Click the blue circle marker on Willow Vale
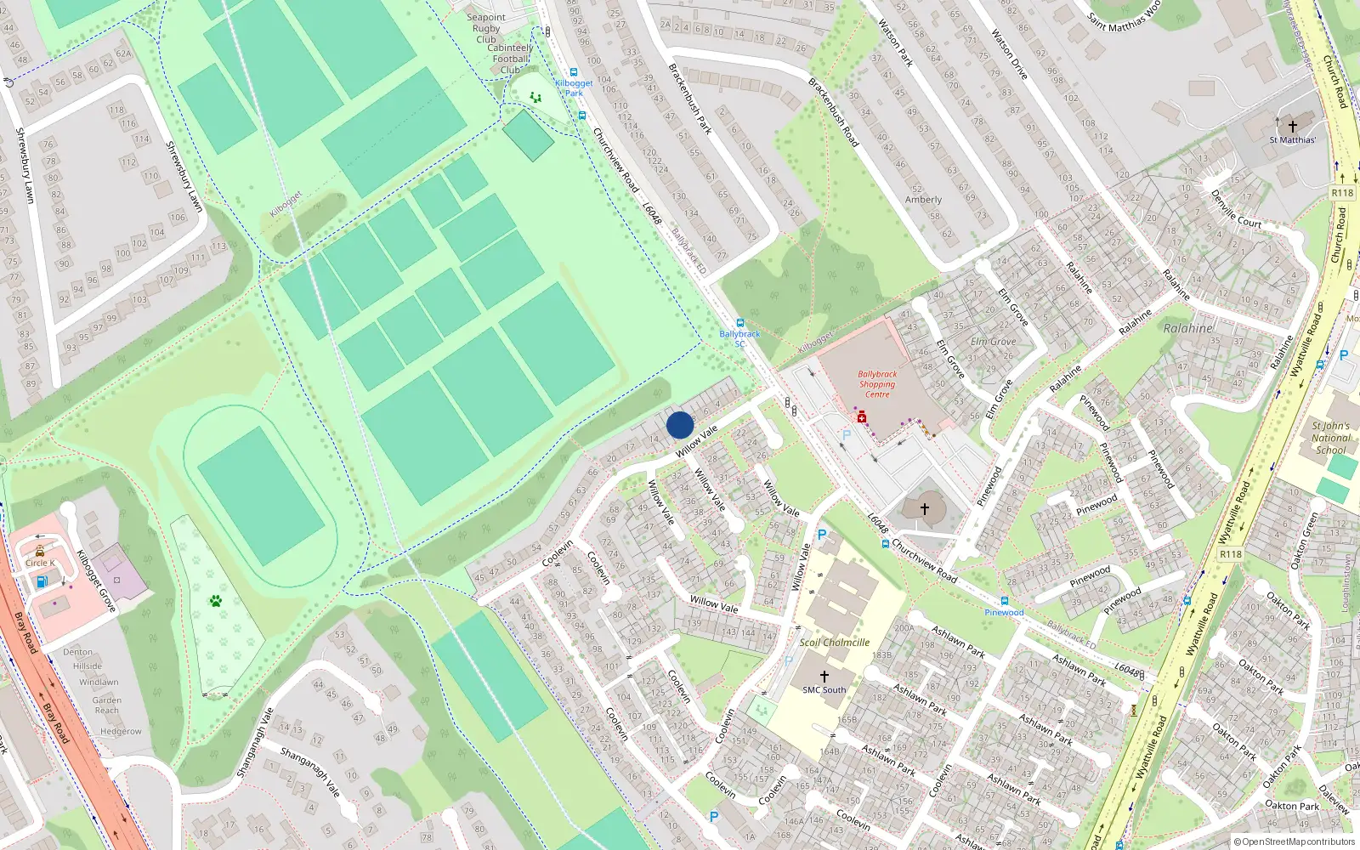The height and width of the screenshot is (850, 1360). (680, 425)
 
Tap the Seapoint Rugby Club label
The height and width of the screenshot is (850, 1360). (486, 28)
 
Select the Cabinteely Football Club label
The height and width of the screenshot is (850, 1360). (510, 59)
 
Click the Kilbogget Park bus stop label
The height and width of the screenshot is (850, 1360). (574, 88)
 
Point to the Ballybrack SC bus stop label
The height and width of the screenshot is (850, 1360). (739, 338)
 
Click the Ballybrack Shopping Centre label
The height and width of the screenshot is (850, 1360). (877, 384)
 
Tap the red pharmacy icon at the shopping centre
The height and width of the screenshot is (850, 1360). (861, 417)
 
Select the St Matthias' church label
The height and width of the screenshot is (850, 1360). (1292, 140)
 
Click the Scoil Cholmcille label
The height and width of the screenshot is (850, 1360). (834, 643)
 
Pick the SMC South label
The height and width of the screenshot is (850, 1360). (824, 690)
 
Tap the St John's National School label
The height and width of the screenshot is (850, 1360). (1330, 438)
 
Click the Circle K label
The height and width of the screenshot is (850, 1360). (40, 563)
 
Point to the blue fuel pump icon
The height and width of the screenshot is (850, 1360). (42, 582)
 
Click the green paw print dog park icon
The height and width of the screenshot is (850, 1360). (216, 601)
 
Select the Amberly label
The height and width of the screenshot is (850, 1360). (923, 200)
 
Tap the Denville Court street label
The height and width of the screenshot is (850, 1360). (1236, 209)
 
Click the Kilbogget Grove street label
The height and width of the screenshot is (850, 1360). (95, 581)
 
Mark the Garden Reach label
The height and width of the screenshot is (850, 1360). (107, 705)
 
